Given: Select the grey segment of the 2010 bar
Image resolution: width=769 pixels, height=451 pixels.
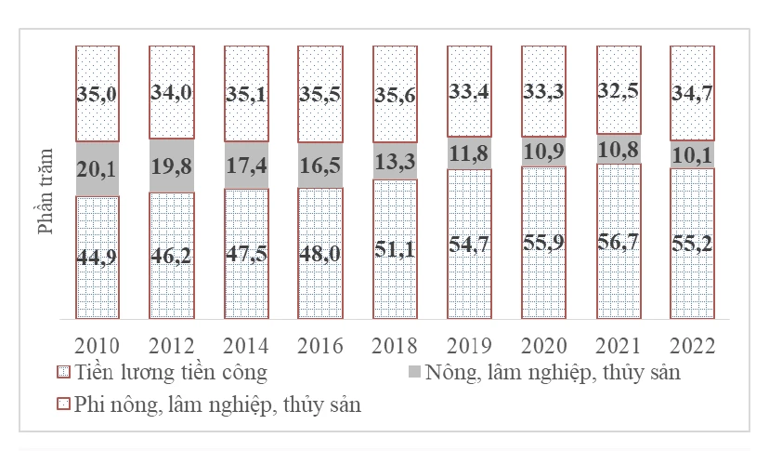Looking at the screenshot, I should (98, 168).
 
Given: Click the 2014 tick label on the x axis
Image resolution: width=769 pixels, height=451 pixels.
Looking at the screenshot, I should (246, 346).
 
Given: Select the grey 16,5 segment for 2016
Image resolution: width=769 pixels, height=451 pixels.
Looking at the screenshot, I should (320, 166).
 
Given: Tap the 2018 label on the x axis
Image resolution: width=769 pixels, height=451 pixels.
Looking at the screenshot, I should (395, 346).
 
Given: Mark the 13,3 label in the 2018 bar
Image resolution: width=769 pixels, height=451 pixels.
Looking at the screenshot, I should (395, 160).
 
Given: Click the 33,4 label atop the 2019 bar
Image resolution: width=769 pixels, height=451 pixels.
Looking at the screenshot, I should (469, 91).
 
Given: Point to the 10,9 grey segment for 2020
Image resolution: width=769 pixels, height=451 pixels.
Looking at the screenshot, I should (543, 152).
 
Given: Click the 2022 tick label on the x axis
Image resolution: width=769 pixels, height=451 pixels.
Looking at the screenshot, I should (692, 346).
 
